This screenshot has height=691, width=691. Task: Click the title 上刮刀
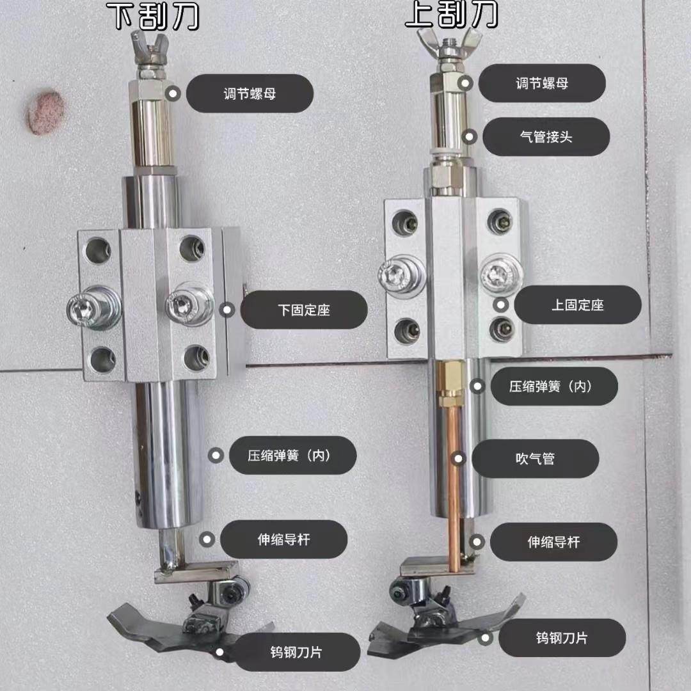[452, 14]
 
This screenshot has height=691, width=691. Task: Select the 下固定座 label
[304, 310]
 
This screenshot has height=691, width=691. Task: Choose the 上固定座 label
[577, 305]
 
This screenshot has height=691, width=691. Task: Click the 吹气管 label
[535, 458]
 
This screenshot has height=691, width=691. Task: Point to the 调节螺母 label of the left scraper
[249, 93]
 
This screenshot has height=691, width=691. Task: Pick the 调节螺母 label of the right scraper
[542, 83]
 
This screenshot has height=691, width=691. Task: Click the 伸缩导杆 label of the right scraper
[553, 542]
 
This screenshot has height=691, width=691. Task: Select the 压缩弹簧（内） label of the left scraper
[292, 455]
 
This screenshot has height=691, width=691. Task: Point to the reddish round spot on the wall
[45, 113]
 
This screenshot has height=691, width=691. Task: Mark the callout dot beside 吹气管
[457, 458]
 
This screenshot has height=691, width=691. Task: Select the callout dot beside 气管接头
[470, 136]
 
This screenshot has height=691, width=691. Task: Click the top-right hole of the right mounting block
[500, 221]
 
